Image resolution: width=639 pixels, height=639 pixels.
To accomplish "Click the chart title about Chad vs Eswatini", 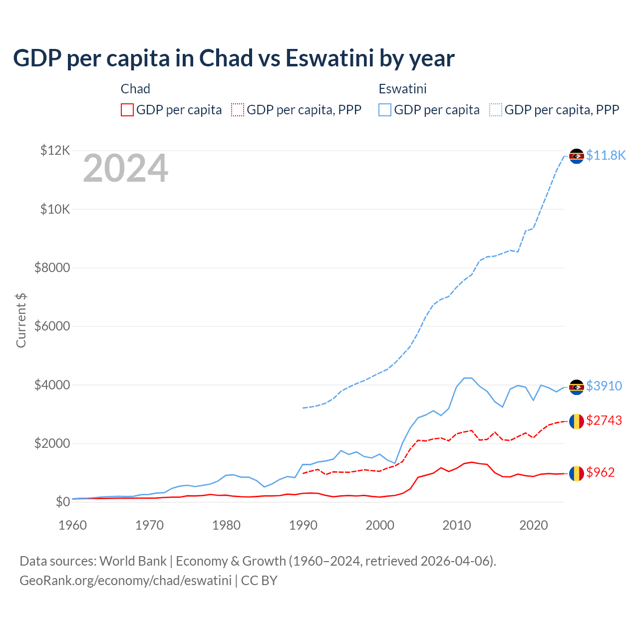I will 234,58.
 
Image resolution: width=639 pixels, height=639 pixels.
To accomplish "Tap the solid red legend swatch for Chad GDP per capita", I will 127,110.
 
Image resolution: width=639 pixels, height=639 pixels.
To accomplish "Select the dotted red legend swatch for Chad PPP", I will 238,110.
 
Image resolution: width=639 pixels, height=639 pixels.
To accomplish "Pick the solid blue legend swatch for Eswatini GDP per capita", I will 385,110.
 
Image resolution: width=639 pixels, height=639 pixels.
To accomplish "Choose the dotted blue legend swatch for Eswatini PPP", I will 496,110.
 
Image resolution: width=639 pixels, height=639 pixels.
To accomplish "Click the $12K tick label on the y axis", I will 55,150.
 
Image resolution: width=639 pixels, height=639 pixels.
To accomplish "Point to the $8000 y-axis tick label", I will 52,268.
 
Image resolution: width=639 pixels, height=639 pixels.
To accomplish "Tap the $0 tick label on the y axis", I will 62,502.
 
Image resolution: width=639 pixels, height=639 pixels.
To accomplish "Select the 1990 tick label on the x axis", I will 303,525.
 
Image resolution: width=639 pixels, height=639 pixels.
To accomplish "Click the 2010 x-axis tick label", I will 457,525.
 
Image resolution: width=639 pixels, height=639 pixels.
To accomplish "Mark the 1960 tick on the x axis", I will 73,525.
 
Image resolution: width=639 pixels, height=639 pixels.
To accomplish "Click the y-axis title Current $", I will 21,320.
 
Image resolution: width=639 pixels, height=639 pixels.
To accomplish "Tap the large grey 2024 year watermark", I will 125,169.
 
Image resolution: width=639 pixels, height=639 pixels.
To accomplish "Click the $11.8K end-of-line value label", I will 606,155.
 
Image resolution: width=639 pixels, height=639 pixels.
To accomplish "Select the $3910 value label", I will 604,386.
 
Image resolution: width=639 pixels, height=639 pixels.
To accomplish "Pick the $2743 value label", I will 604,420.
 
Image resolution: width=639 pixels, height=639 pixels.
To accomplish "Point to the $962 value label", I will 601,472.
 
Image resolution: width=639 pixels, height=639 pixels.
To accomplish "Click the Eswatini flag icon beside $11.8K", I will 577,156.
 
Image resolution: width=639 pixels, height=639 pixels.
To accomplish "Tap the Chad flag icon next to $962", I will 577,473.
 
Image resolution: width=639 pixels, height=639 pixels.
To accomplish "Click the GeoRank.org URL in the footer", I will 125,581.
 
